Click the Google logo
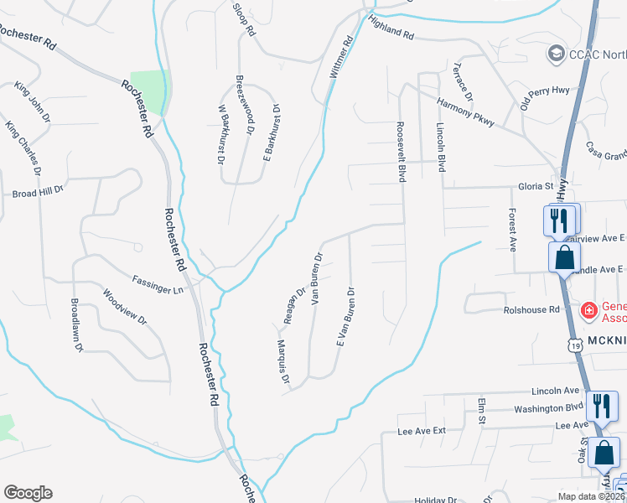[x=28, y=493]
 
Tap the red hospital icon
[x=589, y=311]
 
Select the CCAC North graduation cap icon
[x=556, y=54]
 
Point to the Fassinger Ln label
[x=158, y=284]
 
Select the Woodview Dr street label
[x=124, y=308]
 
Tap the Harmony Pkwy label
[x=466, y=110]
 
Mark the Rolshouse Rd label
[x=531, y=310]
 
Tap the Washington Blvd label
[x=547, y=407]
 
